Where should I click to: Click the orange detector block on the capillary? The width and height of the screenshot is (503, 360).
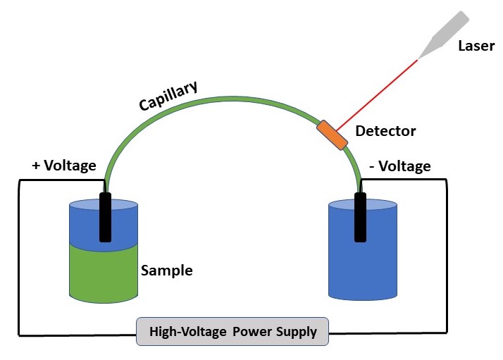pyautogui.click(x=333, y=135)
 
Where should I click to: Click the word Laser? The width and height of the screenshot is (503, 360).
pyautogui.click(x=476, y=46)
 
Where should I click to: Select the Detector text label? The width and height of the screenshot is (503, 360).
pyautogui.click(x=385, y=131)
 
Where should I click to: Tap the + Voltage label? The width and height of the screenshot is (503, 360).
pyautogui.click(x=64, y=166)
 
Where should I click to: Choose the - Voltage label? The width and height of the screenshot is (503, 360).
pyautogui.click(x=399, y=166)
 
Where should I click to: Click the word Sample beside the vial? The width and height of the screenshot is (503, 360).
pyautogui.click(x=167, y=271)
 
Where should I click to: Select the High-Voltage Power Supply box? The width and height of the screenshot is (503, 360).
pyautogui.click(x=232, y=331)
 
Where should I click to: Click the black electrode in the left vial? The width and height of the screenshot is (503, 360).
pyautogui.click(x=105, y=218)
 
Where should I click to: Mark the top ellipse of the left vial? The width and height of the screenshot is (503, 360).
pyautogui.click(x=85, y=205)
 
